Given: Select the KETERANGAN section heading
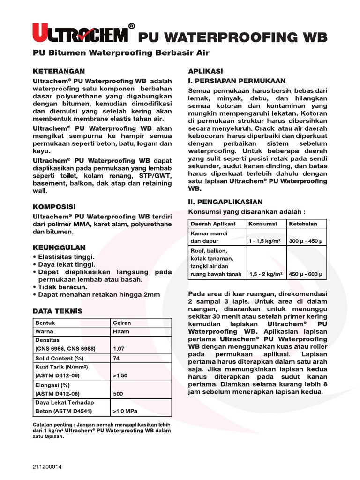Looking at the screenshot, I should (59, 71).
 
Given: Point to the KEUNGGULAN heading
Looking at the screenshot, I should (59, 247).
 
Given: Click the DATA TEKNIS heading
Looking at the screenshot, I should (57, 311).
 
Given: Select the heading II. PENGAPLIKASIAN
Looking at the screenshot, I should (225, 202).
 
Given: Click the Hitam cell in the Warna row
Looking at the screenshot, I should (120, 331).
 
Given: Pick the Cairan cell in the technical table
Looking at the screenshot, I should (122, 322).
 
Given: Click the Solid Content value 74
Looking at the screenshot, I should (116, 358).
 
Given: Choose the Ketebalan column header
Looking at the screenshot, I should (303, 224).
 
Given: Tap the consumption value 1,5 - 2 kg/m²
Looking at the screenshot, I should (265, 274).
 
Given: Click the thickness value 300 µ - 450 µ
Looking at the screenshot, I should (306, 241).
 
